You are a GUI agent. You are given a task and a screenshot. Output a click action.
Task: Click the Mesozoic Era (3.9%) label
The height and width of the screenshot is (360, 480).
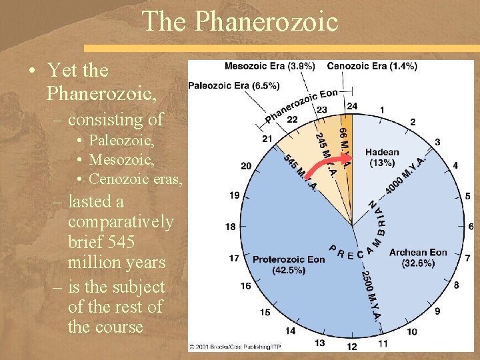click(x=270, y=66)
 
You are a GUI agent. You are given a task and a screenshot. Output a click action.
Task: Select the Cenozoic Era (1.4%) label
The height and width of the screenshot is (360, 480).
click(x=372, y=66)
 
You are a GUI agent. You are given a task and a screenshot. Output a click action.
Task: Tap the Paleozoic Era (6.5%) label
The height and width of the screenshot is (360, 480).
click(x=225, y=85)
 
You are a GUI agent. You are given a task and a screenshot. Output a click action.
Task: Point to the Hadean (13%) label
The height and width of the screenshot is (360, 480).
click(x=381, y=157)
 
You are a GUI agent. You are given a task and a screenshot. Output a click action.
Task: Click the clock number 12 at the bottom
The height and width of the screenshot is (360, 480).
click(x=351, y=346)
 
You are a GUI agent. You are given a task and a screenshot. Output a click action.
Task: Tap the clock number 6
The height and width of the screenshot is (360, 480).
click(x=471, y=227)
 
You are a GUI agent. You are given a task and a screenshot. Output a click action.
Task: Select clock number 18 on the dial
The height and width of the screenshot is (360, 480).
click(x=230, y=227)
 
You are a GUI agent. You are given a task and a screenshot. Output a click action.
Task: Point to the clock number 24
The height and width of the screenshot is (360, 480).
click(x=351, y=106)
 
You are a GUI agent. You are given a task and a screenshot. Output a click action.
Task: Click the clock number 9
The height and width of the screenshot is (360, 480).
click(x=437, y=311)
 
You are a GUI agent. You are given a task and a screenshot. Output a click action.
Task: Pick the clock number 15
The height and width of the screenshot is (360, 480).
click(x=265, y=312)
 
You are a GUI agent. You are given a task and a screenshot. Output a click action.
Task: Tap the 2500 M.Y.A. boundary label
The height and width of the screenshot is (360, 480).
click(x=371, y=293)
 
